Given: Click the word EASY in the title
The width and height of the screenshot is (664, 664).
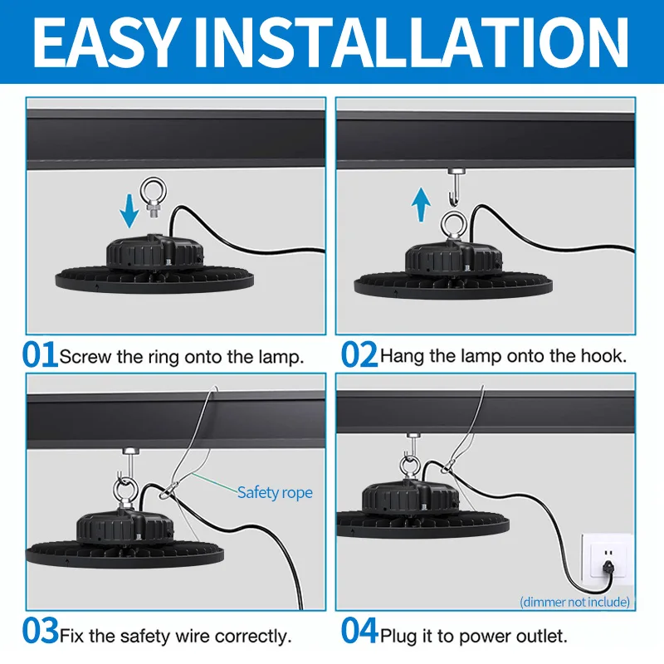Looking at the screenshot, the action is click(105, 43).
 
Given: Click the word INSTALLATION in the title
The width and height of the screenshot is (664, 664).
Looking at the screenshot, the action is click(410, 43).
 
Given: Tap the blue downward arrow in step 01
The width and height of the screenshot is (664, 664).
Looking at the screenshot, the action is click(129, 211).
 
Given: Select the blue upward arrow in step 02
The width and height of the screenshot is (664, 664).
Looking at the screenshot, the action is click(421, 204).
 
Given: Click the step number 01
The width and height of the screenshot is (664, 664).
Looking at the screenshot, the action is click(39, 354).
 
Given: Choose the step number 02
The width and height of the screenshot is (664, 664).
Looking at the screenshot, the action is click(359, 354).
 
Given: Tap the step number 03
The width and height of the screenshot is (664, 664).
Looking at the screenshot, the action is click(40, 631).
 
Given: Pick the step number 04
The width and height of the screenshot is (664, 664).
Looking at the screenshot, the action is click(359, 631).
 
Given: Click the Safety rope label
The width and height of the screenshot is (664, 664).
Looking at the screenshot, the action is click(275, 492).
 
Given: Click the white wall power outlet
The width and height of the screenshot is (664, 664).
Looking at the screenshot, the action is click(608, 558).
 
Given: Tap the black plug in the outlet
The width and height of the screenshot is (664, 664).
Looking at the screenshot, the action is click(608, 567).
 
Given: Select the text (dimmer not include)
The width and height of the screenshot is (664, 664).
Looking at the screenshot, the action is click(574, 602).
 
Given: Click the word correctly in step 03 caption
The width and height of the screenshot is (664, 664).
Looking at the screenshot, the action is click(253, 636).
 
